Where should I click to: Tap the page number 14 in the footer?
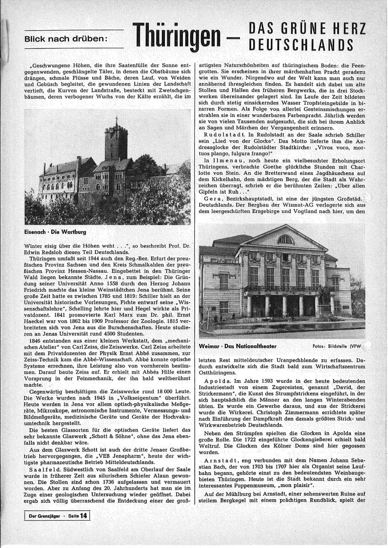point(84,516)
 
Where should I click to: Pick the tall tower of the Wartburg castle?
point(116,142)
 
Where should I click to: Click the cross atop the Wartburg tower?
point(117,121)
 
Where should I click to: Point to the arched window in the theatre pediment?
point(286,239)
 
